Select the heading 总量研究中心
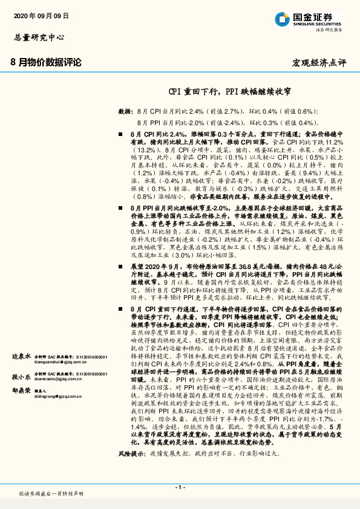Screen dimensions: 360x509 coord(38,37)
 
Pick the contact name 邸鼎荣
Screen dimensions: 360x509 coord(22,392)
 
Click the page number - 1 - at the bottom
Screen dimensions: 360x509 coord(180,486)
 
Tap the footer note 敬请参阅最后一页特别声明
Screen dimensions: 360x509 coord(50,494)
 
